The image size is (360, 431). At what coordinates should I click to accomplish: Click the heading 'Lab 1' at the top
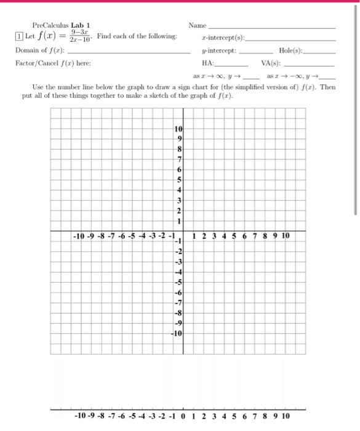click(81, 25)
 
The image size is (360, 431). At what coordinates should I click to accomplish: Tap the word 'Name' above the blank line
click(197, 25)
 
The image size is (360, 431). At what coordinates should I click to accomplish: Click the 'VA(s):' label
click(271, 63)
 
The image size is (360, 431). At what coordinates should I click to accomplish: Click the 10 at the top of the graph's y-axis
click(178, 129)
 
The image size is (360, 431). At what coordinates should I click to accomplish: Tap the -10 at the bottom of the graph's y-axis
click(178, 333)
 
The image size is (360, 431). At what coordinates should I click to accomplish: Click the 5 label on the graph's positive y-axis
click(180, 180)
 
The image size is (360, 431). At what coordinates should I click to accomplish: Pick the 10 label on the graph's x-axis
click(286, 236)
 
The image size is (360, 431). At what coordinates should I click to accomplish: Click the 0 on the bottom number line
click(183, 416)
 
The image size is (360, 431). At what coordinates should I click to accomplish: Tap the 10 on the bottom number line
click(286, 416)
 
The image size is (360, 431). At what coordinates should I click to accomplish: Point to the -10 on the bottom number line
click(80, 416)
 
